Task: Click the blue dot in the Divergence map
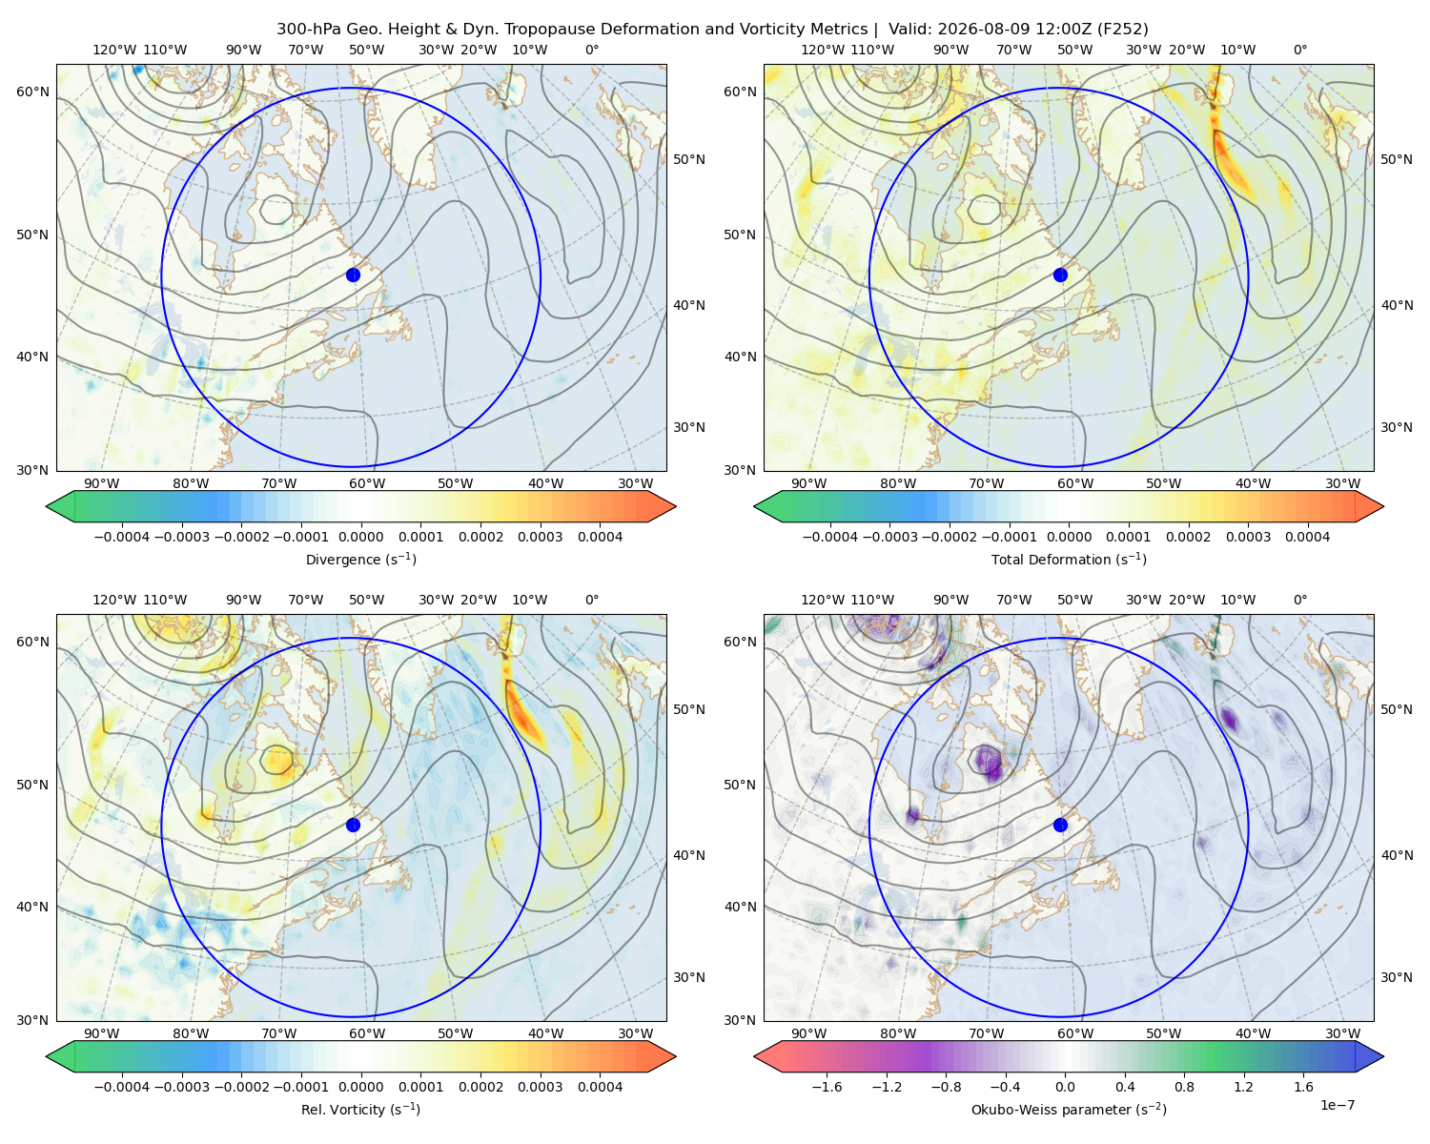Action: [x=353, y=275]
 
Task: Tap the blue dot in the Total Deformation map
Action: [x=1060, y=275]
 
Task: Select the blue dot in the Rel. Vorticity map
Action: [x=353, y=825]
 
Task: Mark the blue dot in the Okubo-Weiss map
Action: [x=1060, y=825]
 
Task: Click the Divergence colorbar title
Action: [x=360, y=559]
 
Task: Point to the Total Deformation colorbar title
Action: [x=1069, y=559]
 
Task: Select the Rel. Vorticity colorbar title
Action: [x=360, y=1109]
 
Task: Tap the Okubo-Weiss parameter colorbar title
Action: [x=1069, y=1109]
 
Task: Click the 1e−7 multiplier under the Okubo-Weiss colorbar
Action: [x=1337, y=1105]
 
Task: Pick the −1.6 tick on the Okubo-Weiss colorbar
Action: [x=827, y=1086]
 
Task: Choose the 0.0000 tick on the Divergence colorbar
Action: [x=360, y=537]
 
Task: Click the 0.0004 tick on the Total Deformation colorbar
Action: [x=1307, y=537]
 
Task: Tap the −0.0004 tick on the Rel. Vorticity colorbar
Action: [x=122, y=1086]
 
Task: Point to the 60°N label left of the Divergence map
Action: [x=32, y=92]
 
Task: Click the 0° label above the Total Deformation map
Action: [x=1299, y=50]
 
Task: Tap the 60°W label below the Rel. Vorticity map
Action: [x=367, y=1033]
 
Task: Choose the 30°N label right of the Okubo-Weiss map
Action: [x=1396, y=976]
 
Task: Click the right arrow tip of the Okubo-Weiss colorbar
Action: [x=1383, y=1055]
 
